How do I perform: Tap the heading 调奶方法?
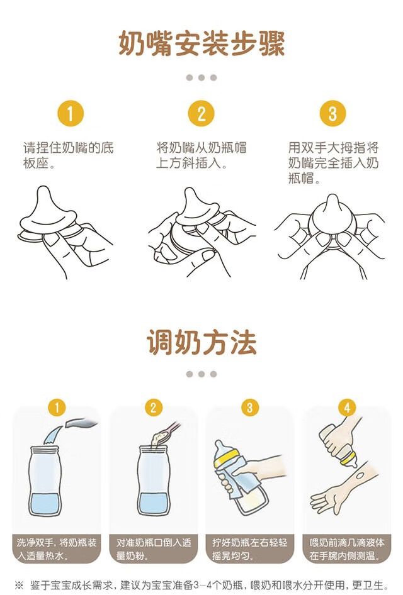click(201, 342)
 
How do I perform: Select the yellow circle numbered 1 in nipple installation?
click(71, 113)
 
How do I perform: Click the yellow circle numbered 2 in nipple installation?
click(201, 113)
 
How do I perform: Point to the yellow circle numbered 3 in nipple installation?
click(332, 113)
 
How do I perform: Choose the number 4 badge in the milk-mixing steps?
click(347, 408)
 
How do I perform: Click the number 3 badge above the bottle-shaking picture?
click(249, 408)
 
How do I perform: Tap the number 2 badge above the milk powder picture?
click(154, 408)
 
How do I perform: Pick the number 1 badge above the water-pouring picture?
click(57, 408)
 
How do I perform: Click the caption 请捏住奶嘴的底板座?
click(69, 155)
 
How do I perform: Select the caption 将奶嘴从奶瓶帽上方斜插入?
click(201, 155)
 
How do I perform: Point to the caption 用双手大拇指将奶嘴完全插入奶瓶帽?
click(333, 162)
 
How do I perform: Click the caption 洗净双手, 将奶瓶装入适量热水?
click(57, 549)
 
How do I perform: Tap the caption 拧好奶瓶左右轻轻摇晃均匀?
click(249, 549)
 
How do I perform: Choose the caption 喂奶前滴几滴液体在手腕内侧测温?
click(347, 549)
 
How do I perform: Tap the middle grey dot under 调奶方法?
click(201, 374)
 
